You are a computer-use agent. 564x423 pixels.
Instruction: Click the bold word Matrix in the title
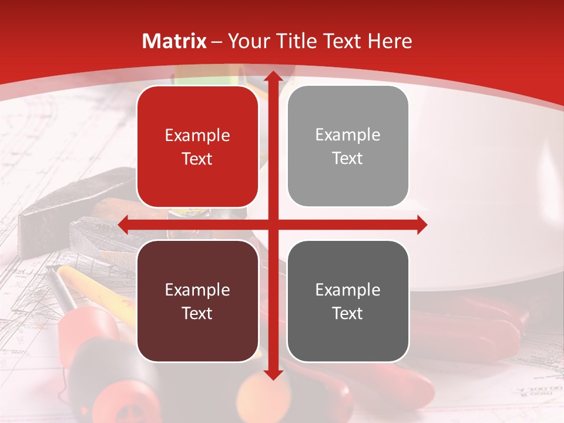tap(174, 41)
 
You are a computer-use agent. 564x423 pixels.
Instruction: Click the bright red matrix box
tap(197, 147)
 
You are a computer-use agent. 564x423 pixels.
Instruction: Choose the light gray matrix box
tap(348, 146)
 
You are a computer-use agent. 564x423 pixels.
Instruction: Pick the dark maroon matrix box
tap(197, 301)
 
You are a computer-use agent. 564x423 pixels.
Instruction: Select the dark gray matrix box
tap(348, 301)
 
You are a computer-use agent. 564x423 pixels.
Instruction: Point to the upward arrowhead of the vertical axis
tap(273, 76)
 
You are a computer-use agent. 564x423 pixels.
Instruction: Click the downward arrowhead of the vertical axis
tap(273, 374)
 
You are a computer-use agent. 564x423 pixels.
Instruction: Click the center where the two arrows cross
tap(273, 224)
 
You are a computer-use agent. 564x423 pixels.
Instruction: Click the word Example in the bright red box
tap(197, 136)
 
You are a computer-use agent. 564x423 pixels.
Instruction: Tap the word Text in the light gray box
tap(348, 159)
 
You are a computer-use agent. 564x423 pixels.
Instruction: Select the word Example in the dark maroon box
tap(197, 290)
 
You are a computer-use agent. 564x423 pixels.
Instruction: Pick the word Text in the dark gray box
tap(348, 313)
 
